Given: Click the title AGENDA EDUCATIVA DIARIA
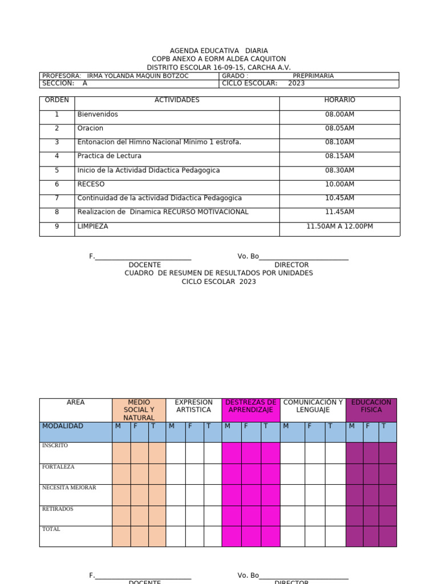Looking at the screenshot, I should tap(219, 51).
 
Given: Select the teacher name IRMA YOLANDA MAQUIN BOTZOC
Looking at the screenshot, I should tap(137, 76).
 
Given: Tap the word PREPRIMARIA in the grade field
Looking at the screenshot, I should tap(313, 76).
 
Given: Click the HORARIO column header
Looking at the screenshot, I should tap(339, 100).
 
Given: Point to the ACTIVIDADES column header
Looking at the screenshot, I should tap(177, 100).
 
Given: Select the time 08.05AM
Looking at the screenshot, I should tap(339, 128).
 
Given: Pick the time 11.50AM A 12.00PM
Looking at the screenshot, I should tap(339, 226).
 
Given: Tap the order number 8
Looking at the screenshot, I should tap(56, 212).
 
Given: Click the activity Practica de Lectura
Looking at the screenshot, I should tap(109, 156).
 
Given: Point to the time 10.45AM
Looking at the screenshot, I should tap(339, 198).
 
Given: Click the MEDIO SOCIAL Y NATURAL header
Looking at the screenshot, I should tap(139, 410).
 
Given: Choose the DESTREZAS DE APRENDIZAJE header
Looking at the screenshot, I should tap(251, 406).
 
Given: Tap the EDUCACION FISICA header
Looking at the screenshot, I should tap(371, 406).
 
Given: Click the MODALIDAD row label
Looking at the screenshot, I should tap(63, 426).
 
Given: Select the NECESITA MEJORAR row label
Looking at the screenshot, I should tap(69, 488).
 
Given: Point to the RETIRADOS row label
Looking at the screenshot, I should tap(58, 509).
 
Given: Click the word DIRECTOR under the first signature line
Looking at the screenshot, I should tap(291, 265).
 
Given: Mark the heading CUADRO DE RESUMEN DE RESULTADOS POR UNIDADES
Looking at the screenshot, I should tap(219, 273).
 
